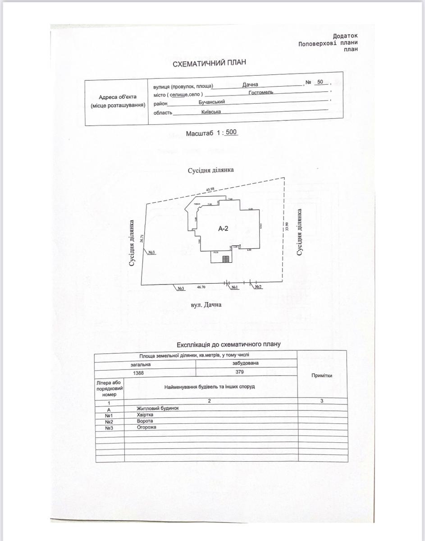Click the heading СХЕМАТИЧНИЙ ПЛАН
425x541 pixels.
click(x=210, y=64)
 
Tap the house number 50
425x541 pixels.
click(x=320, y=82)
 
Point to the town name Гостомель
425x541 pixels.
click(x=261, y=92)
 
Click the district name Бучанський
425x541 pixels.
click(x=212, y=102)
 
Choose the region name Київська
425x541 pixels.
click(x=211, y=111)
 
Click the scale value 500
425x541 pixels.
click(x=231, y=133)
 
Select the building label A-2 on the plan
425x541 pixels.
click(x=224, y=229)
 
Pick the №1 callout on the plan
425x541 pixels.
click(x=234, y=287)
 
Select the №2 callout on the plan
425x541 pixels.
click(x=258, y=287)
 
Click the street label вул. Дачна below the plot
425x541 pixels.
click(x=207, y=305)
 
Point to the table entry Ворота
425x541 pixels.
click(x=145, y=421)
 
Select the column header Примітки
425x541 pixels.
click(x=322, y=376)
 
